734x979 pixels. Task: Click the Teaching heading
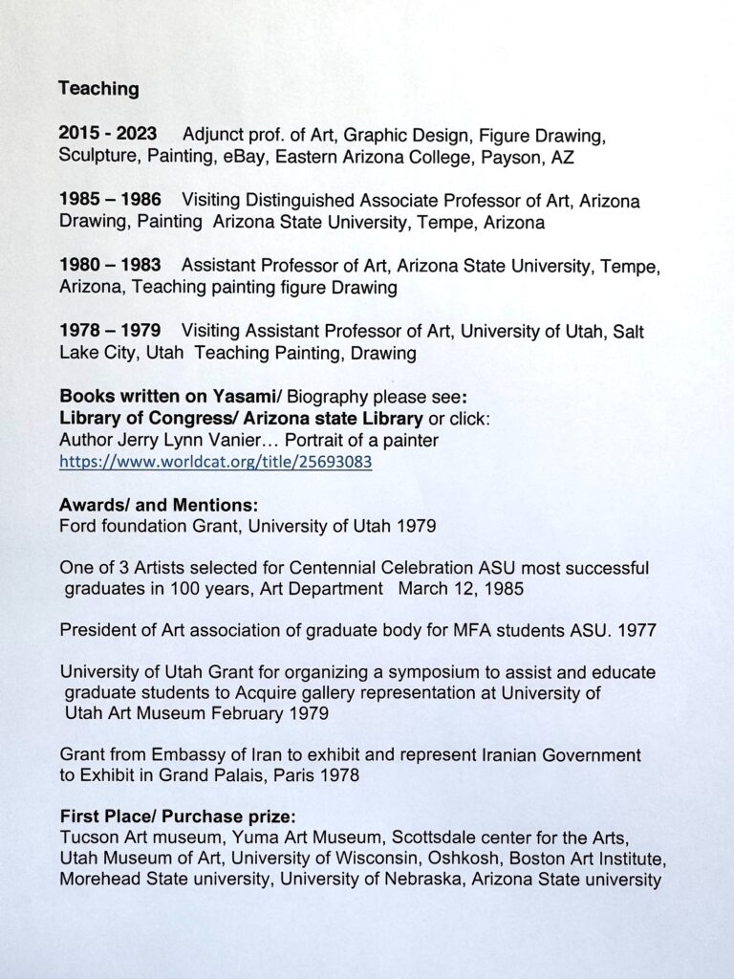pyautogui.click(x=98, y=89)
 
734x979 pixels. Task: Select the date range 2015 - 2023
pyautogui.click(x=108, y=133)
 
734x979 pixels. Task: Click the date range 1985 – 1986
pyautogui.click(x=109, y=200)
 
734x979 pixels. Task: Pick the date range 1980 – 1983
pyautogui.click(x=109, y=263)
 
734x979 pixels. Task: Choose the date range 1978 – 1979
pyautogui.click(x=108, y=331)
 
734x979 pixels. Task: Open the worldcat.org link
pyautogui.click(x=215, y=462)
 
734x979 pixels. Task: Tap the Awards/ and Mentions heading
pyautogui.click(x=158, y=504)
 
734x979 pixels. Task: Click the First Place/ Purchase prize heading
pyautogui.click(x=178, y=817)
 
